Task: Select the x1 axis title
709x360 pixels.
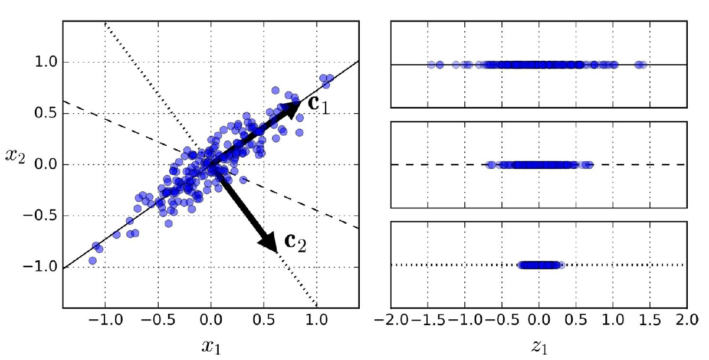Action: pos(211,349)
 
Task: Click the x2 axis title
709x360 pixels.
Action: pos(16,156)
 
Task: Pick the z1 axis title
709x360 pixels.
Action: pos(539,349)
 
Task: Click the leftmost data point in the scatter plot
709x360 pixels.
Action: pos(93,260)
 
